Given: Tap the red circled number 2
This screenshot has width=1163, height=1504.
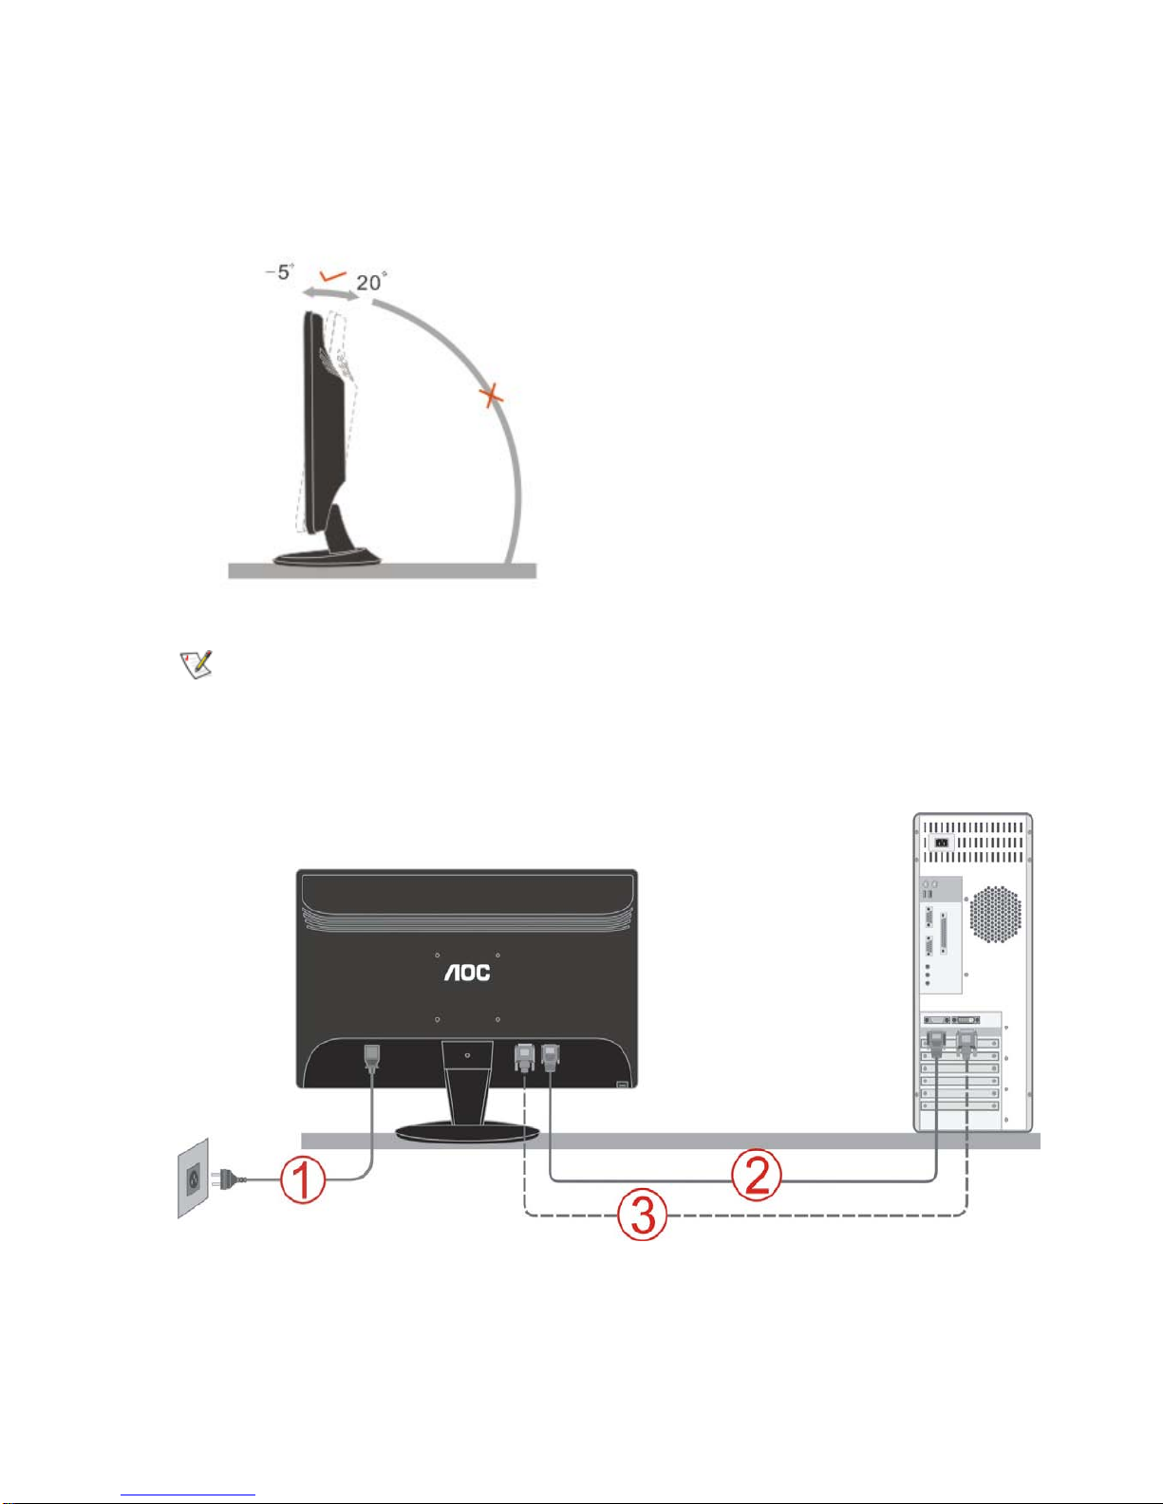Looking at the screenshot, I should click(x=756, y=1176).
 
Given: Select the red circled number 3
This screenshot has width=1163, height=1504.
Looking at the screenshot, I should click(x=643, y=1215).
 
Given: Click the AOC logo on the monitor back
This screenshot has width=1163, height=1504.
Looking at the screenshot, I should click(x=467, y=972).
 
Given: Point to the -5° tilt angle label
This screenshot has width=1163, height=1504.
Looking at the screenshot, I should click(x=281, y=272).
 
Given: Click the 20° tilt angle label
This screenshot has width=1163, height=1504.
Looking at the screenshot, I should click(x=371, y=282).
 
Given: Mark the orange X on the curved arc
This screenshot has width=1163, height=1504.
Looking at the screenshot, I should click(x=491, y=395).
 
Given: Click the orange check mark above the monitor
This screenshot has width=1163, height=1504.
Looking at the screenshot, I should click(x=333, y=276).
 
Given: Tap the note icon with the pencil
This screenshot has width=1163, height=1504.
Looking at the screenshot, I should click(x=196, y=664).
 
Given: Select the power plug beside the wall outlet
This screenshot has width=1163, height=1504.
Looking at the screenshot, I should click(x=231, y=1179).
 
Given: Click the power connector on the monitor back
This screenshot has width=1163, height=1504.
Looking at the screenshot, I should click(x=373, y=1057).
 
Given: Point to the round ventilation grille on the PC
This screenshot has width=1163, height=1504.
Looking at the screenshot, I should click(x=996, y=914).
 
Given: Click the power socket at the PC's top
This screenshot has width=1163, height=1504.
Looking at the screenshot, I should click(x=941, y=842).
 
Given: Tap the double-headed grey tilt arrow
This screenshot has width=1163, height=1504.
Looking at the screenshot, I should click(x=331, y=295).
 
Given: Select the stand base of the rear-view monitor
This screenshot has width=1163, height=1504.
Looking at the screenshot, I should click(x=467, y=1130).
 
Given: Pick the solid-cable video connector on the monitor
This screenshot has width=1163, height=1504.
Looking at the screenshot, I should click(x=550, y=1056).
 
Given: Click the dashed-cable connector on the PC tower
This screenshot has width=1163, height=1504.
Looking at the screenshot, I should click(x=966, y=1044).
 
